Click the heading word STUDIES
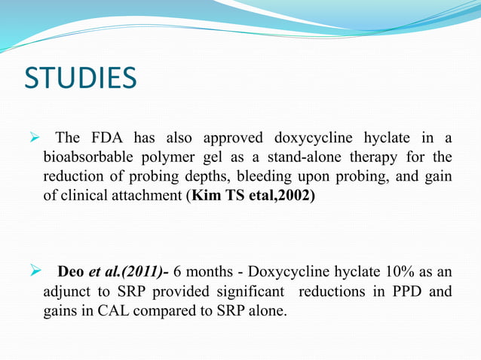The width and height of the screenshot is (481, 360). click(x=80, y=78)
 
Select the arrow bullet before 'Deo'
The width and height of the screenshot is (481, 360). click(x=33, y=271)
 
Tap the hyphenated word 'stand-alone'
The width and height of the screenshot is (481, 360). click(x=314, y=157)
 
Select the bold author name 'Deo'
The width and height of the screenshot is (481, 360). click(x=72, y=271)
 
